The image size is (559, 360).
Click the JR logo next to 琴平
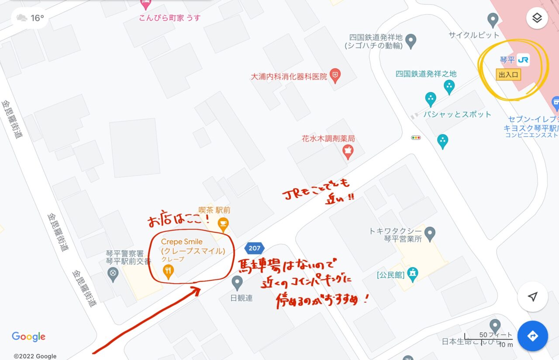(x=523, y=60)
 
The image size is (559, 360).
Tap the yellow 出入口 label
(x=509, y=75)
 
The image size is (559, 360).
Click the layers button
(x=537, y=18)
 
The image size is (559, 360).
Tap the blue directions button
(x=532, y=336)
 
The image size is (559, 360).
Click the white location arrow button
(x=532, y=297)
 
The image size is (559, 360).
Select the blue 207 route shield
(x=254, y=248)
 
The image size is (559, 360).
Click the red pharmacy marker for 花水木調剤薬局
(x=348, y=151)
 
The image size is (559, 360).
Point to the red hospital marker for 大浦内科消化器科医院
(x=335, y=76)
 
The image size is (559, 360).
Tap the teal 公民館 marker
(x=412, y=273)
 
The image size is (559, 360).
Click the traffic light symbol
(x=416, y=138)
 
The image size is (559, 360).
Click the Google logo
(x=28, y=336)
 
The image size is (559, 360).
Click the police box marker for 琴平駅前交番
(x=113, y=274)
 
